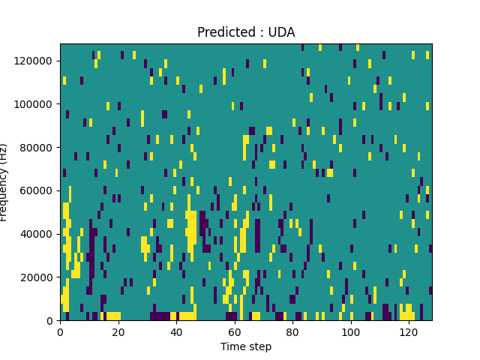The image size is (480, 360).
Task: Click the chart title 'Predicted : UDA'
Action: click(246, 32)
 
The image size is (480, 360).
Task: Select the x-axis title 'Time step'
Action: click(246, 346)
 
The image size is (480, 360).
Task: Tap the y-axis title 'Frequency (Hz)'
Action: click(4, 182)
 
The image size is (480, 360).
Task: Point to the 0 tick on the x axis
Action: click(60, 331)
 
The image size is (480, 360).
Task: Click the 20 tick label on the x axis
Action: click(118, 331)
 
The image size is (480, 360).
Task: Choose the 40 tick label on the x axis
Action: click(176, 331)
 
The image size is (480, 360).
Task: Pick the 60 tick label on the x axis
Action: click(235, 331)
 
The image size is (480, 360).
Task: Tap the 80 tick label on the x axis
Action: click(292, 331)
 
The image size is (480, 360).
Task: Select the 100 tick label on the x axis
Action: click(351, 331)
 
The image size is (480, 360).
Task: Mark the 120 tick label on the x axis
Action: click(409, 331)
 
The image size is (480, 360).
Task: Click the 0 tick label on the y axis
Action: click(51, 321)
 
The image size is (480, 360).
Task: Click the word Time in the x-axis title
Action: click(232, 346)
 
